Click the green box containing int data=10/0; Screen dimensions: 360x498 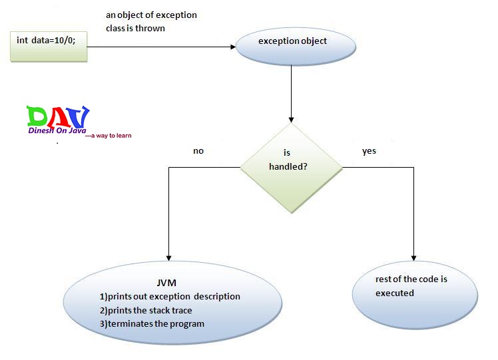pos(49,45)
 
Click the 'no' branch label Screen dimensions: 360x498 pos(198,151)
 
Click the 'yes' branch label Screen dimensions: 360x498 pos(369,151)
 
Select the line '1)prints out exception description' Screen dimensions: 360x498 pos(170,297)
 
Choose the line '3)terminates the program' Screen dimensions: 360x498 pos(152,324)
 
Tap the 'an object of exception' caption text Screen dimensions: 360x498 pos(151,15)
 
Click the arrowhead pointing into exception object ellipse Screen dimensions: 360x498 pos(234,46)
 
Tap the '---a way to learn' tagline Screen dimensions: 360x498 pos(109,136)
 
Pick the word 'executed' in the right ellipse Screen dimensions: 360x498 pos(394,293)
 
